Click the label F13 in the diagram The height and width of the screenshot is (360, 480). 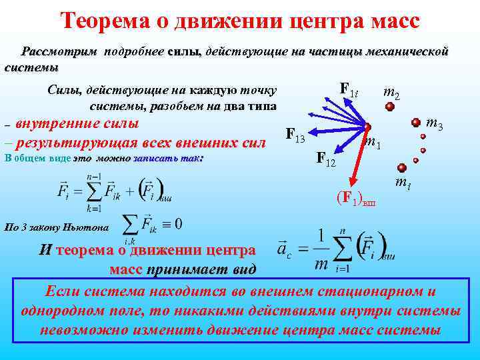pyautogui.click(x=295, y=135)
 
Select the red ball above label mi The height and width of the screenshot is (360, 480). pyautogui.click(x=401, y=168)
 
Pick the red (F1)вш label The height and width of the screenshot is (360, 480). pyautogui.click(x=355, y=198)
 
